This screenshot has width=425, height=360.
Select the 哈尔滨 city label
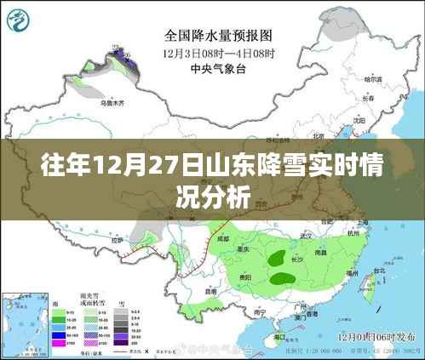pyautogui.click(x=370, y=79)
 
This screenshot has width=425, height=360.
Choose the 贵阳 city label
pyautogui.click(x=244, y=277)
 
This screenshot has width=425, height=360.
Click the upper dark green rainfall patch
pyautogui.click(x=276, y=255)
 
